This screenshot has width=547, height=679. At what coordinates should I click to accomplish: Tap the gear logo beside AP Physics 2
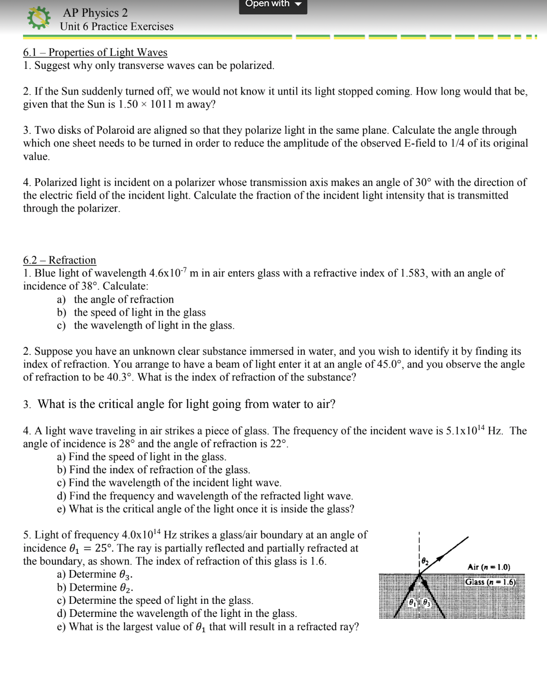pyautogui.click(x=38, y=18)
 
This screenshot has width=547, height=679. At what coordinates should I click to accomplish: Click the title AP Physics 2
pyautogui.click(x=95, y=13)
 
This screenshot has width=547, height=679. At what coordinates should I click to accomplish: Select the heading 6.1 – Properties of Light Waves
pyautogui.click(x=95, y=52)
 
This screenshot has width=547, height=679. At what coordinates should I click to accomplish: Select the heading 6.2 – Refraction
pyautogui.click(x=59, y=260)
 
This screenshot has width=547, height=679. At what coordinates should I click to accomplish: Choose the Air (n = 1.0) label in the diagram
pyautogui.click(x=489, y=567)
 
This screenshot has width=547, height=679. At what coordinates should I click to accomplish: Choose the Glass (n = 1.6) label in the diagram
pyautogui.click(x=491, y=582)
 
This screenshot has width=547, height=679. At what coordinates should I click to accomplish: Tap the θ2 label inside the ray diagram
pyautogui.click(x=424, y=561)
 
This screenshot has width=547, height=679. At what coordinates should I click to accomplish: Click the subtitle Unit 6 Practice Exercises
pyautogui.click(x=117, y=27)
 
